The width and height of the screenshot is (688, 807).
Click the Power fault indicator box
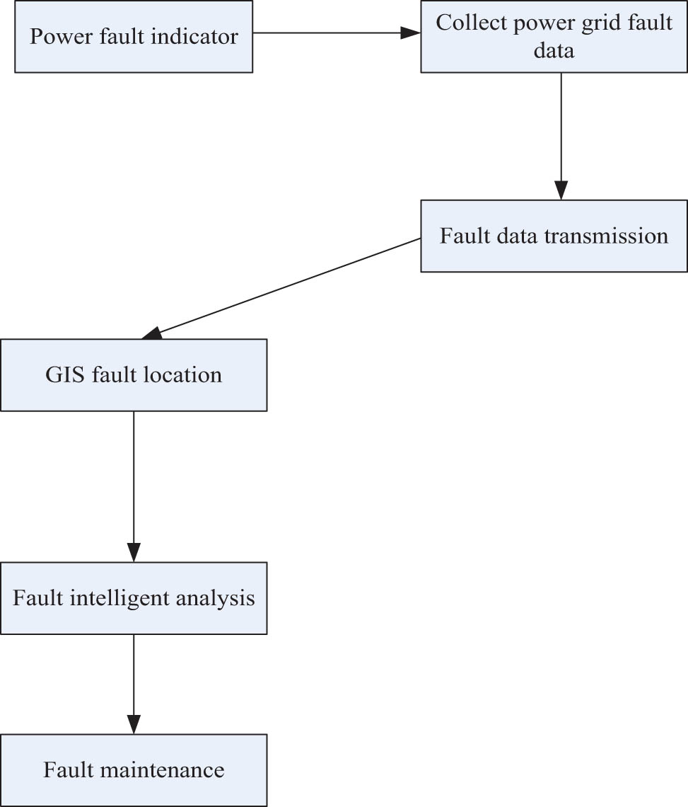[134, 36]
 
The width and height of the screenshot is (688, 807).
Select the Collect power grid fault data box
[554, 36]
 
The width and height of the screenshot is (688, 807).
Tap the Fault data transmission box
[554, 236]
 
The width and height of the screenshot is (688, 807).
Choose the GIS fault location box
[134, 374]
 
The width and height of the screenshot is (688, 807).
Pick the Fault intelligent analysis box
[134, 598]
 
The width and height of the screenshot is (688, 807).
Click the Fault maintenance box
[134, 769]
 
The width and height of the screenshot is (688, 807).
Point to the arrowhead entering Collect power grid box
[412, 33]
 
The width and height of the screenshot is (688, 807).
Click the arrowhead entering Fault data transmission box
[561, 191]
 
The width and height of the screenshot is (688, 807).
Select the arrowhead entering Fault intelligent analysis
[134, 553]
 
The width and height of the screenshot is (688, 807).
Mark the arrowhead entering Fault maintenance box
[134, 724]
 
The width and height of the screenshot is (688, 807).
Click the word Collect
[465, 23]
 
